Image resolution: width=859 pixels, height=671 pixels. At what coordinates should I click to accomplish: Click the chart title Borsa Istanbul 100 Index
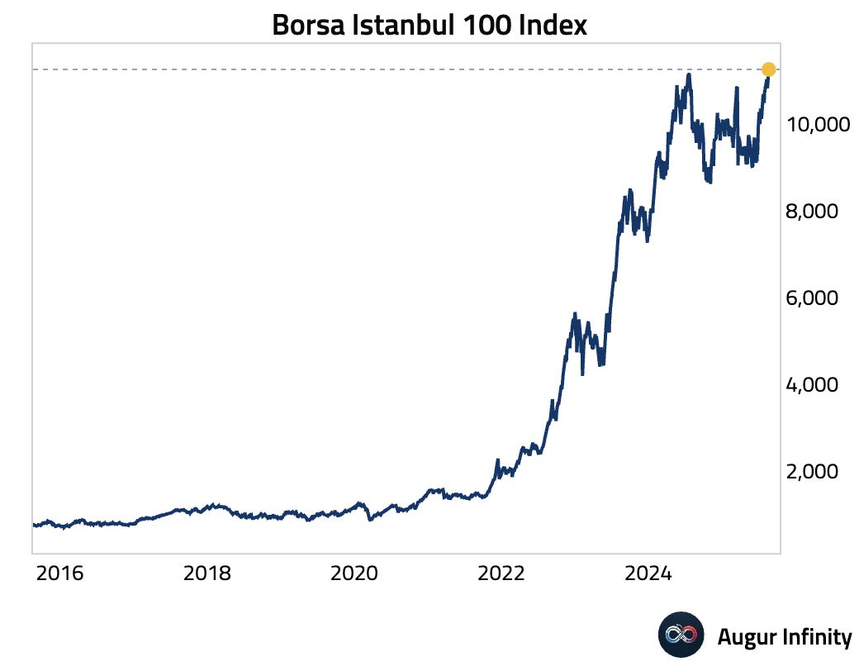tap(429, 25)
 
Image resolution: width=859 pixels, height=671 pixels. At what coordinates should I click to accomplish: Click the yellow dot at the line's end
tap(768, 69)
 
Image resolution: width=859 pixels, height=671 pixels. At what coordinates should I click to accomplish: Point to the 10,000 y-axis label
tap(819, 126)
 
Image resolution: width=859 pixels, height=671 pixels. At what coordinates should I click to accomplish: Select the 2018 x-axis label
tap(207, 573)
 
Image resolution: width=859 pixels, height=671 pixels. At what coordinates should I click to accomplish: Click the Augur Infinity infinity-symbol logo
tap(681, 635)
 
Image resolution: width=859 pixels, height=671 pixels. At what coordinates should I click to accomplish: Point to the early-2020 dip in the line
tap(371, 518)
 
